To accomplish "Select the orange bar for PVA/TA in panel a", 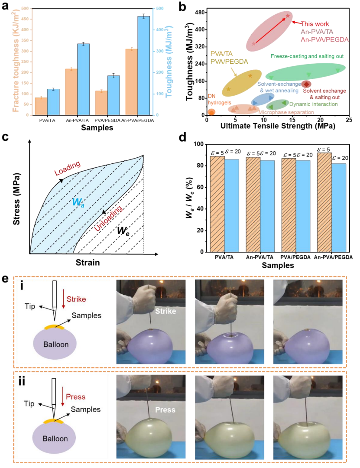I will pos(41,106).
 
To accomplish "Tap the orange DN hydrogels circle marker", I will pos(211,112).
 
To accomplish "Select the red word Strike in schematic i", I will pos(77,299).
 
